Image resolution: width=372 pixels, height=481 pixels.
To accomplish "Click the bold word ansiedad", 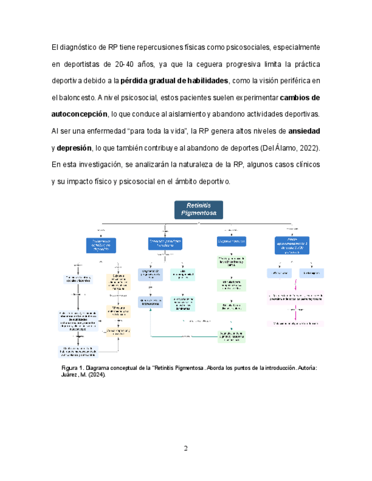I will pyautogui.click(x=304, y=130).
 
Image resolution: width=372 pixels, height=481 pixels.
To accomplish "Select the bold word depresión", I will pyautogui.click(x=74, y=147).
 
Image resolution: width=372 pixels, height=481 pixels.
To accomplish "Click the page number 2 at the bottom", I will pyautogui.click(x=186, y=449).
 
